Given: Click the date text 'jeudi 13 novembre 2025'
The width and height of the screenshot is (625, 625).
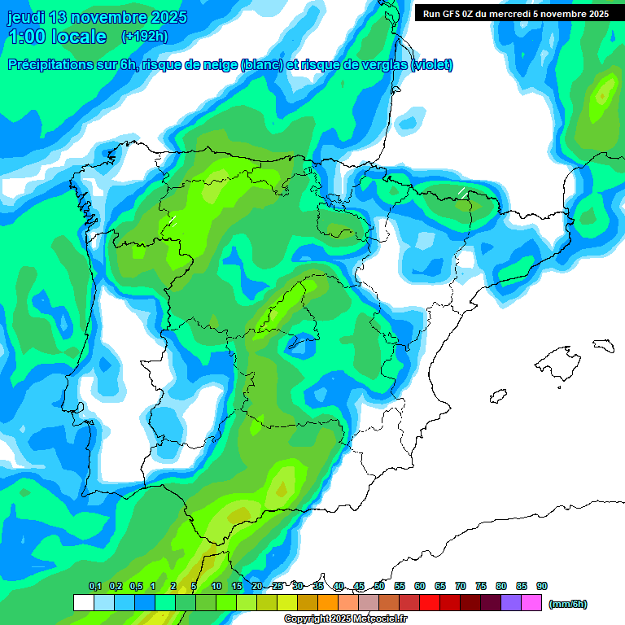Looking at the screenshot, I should (97, 17).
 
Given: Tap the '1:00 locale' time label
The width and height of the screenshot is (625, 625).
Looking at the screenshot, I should (57, 37).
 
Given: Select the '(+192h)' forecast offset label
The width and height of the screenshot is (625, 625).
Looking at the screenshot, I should (144, 37).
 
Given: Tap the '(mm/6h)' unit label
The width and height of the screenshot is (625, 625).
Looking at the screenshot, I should (567, 604).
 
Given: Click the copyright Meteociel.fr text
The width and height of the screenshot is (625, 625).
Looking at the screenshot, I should (346, 618).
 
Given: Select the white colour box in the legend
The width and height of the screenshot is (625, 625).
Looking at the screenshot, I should (83, 603).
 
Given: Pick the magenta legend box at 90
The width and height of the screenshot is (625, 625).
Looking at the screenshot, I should (532, 603).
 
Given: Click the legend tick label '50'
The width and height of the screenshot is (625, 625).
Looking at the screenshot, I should (379, 586).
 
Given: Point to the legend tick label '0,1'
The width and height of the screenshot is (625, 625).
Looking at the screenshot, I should (95, 586).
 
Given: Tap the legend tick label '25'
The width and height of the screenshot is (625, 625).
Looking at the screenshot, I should (278, 586).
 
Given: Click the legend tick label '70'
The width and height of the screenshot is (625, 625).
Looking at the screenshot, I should (461, 586).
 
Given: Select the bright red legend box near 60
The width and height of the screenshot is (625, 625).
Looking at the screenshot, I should (430, 603).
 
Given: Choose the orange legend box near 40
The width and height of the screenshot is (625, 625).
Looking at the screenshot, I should (328, 603).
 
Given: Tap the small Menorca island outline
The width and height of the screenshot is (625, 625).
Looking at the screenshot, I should (603, 345).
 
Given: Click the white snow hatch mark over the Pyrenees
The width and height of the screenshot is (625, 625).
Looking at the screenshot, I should (462, 193).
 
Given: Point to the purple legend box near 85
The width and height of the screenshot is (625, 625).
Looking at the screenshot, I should (511, 603).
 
